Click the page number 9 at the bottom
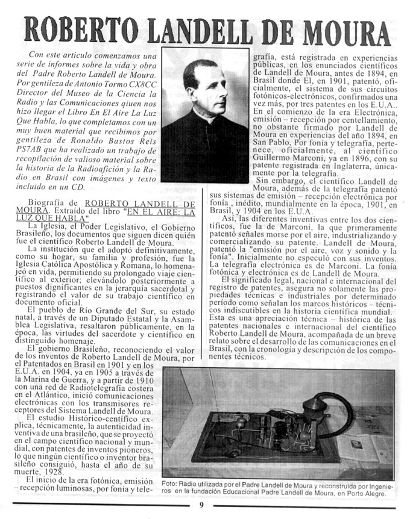click(202, 506)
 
